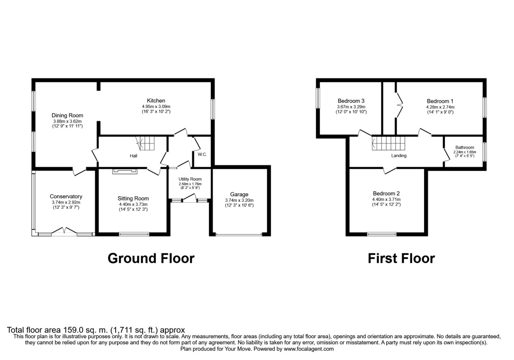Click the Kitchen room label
pyautogui.click(x=156, y=101)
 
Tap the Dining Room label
pyautogui.click(x=67, y=115)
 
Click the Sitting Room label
pyautogui.click(x=133, y=198)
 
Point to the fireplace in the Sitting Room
pyautogui.click(x=125, y=171)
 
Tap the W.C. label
pyautogui.click(x=202, y=154)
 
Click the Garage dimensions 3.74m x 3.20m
pyautogui.click(x=239, y=200)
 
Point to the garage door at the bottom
pyautogui.click(x=239, y=234)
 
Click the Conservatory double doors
pyautogui.click(x=64, y=231)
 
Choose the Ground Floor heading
pyautogui.click(x=151, y=258)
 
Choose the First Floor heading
pyautogui.click(x=401, y=258)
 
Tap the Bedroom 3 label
pyautogui.click(x=351, y=101)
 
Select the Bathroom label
pyautogui.click(x=465, y=147)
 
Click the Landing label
pyautogui.click(x=398, y=156)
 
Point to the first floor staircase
pyautogui.click(x=388, y=143)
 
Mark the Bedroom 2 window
pyautogui.click(x=382, y=234)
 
